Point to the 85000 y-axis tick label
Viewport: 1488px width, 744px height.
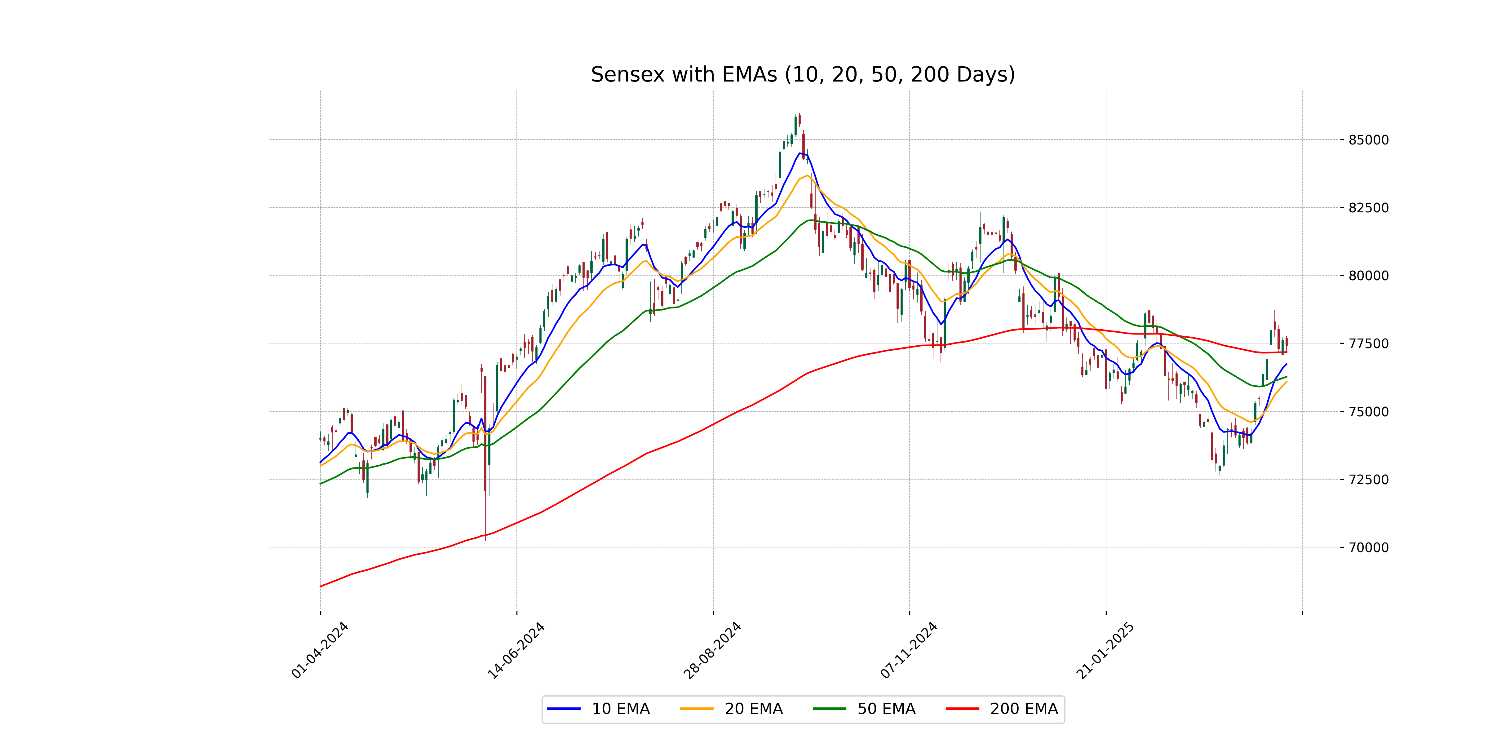1368,140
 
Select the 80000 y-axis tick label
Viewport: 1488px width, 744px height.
1368,276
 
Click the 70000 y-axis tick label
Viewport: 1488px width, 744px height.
1368,547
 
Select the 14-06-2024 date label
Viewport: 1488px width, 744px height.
516,650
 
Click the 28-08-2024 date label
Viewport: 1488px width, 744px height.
713,650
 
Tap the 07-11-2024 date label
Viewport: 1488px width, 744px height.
909,650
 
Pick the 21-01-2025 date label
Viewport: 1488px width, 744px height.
1105,650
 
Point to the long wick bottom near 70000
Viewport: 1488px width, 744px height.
485,538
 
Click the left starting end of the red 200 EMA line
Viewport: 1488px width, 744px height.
321,586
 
